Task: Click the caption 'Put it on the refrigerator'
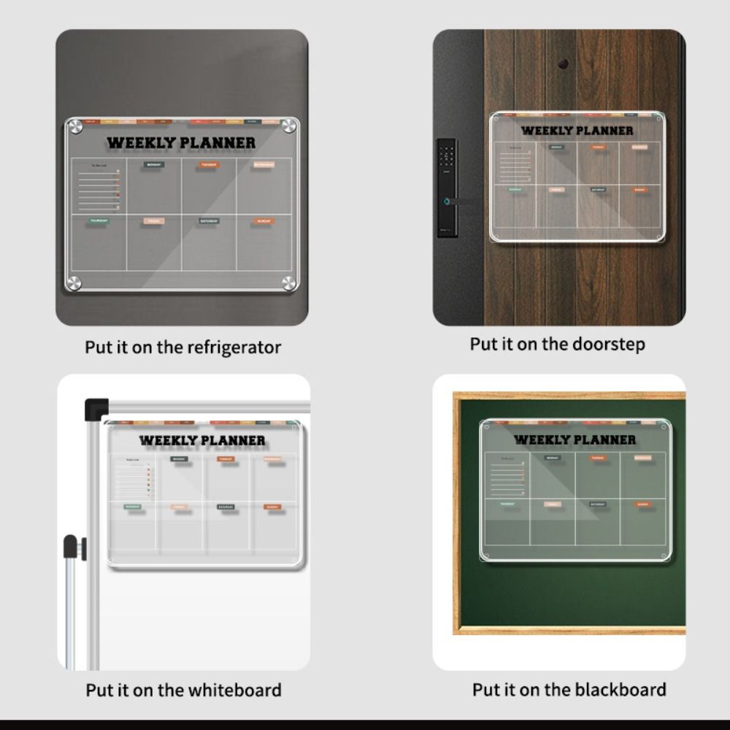tap(182, 347)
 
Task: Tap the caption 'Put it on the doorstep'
tap(557, 344)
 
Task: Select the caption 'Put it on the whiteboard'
tap(183, 690)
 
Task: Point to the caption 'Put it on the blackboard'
tap(569, 689)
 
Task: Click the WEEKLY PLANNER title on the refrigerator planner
tap(181, 143)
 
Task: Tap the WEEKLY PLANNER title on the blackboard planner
tap(575, 439)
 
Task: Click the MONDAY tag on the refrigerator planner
tap(153, 165)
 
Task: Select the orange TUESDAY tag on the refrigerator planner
tap(209, 165)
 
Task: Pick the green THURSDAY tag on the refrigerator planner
tap(99, 220)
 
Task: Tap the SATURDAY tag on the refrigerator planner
tap(209, 220)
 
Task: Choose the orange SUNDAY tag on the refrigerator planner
tap(264, 220)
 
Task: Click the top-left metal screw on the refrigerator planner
tap(74, 126)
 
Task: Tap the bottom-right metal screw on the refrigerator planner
tap(289, 283)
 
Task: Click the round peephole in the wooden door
tap(563, 64)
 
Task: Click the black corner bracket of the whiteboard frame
tap(96, 408)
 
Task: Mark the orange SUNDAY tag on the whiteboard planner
tap(272, 507)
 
